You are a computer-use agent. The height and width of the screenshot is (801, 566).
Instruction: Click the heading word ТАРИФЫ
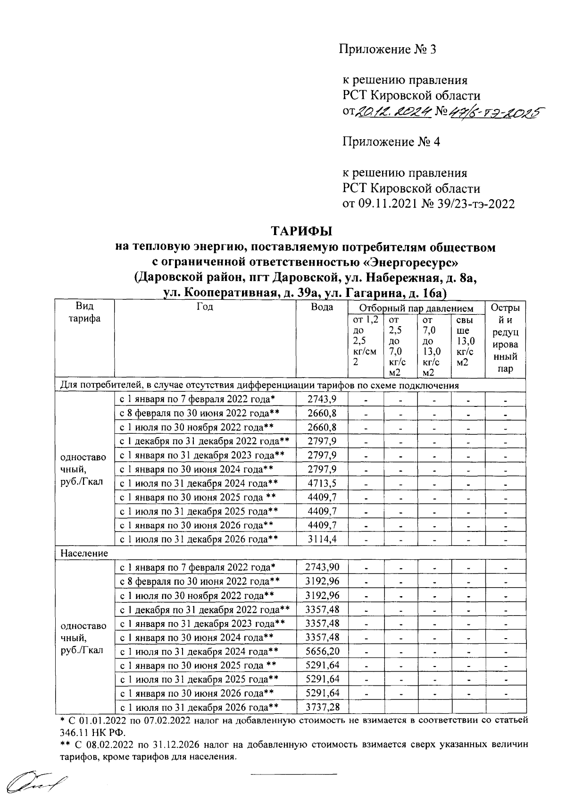point(301,231)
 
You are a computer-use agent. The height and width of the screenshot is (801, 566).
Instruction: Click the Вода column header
point(322,307)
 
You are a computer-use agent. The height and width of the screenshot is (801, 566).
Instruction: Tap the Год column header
point(205,307)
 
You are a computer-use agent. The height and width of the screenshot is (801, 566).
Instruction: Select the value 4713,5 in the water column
point(322,483)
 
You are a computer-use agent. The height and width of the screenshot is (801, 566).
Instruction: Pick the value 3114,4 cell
point(322,539)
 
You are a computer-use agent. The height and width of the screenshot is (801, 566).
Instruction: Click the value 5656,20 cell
point(323,651)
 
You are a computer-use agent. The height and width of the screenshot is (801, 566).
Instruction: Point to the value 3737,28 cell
point(323,707)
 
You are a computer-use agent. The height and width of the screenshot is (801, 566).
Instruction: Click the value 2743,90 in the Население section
point(323,567)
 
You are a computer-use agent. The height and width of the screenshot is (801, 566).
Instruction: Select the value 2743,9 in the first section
point(322,399)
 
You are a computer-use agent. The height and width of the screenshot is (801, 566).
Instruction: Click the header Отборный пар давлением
point(416,309)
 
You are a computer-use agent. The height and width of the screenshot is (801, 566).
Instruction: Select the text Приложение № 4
point(391,142)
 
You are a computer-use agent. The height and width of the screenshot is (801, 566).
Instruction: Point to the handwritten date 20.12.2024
point(392,111)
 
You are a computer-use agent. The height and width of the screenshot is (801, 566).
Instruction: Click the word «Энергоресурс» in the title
point(415,261)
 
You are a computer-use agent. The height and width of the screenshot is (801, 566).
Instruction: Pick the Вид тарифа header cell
point(84,312)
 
